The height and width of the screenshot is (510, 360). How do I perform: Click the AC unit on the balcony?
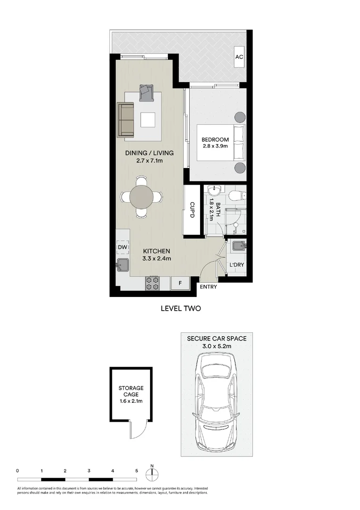pyautogui.click(x=239, y=57)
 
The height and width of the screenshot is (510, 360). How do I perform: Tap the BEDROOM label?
pyautogui.click(x=215, y=140)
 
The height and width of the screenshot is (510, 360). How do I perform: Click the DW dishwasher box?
pyautogui.click(x=123, y=247)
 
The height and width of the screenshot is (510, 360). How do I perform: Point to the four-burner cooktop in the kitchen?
pyautogui.click(x=152, y=283)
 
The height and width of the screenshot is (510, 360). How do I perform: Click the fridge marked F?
pyautogui.click(x=180, y=283)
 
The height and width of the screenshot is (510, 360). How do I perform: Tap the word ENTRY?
pyautogui.click(x=209, y=287)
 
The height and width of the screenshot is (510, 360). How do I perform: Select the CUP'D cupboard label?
pyautogui.click(x=192, y=210)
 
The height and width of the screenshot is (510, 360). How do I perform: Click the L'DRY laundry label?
pyautogui.click(x=236, y=265)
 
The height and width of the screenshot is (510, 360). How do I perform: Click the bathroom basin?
pyautogui.click(x=215, y=191)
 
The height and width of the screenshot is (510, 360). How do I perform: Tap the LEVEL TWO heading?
pyautogui.click(x=181, y=308)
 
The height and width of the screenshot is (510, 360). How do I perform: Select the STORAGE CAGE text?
pyautogui.click(x=131, y=391)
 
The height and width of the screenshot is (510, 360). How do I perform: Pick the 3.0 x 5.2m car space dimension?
pyautogui.click(x=216, y=347)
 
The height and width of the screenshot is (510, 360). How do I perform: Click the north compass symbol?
pyautogui.click(x=152, y=475)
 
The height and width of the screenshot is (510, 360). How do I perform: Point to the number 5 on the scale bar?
pyautogui.click(x=136, y=471)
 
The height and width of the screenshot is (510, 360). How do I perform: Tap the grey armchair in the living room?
pyautogui.click(x=146, y=93)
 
